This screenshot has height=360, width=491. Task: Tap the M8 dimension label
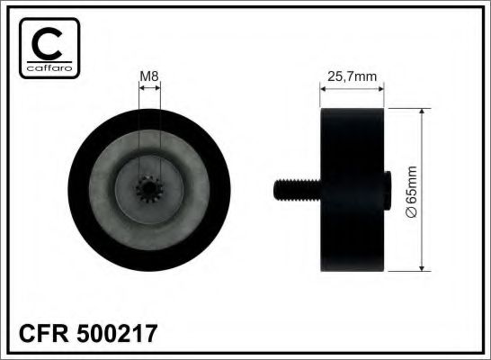pyautogui.click(x=149, y=76)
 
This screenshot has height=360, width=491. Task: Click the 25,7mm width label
pyautogui.click(x=353, y=76)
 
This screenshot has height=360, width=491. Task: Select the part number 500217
pyautogui.click(x=121, y=334)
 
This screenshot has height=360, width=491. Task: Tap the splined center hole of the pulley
pyautogui.click(x=150, y=189)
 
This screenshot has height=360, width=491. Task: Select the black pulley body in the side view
pyautogui.click(x=353, y=189)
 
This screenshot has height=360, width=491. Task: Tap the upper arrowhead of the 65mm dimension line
pyautogui.click(x=423, y=112)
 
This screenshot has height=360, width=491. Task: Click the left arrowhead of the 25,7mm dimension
pyautogui.click(x=325, y=88)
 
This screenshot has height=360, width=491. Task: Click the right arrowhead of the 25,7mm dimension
pyautogui.click(x=381, y=88)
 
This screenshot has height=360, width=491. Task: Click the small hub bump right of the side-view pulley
pyautogui.click(x=387, y=189)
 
